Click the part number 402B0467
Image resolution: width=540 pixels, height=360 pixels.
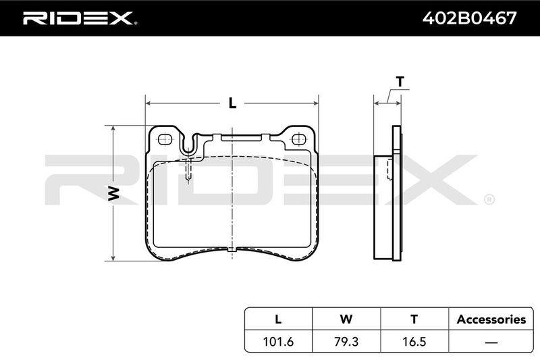pyautogui.click(x=469, y=18)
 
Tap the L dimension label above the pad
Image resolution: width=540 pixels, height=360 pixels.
pyautogui.click(x=233, y=103)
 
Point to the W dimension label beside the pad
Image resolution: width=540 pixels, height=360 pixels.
pyautogui.click(x=113, y=194)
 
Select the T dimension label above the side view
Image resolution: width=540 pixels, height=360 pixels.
pyautogui.click(x=400, y=82)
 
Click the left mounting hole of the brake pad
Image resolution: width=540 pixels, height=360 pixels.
pyautogui.click(x=165, y=140)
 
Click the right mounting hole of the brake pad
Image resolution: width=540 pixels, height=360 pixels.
pyautogui.click(x=298, y=140)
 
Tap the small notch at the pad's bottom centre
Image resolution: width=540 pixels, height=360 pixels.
pyautogui.click(x=233, y=249)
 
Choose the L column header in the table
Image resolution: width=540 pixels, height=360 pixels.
pyautogui.click(x=278, y=319)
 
